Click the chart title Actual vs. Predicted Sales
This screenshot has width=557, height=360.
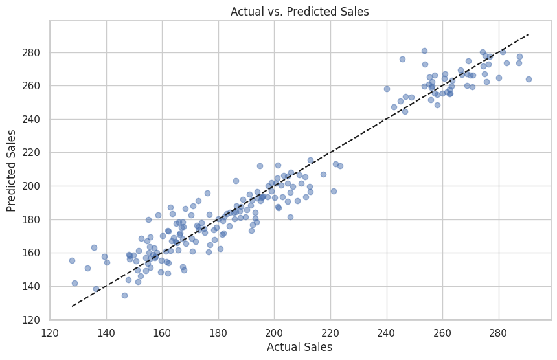(299, 11)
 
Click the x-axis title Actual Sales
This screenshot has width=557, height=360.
(300, 348)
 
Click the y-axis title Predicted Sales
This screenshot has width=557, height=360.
(12, 171)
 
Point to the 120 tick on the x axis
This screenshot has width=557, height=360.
(50, 333)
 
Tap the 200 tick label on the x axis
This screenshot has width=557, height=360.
(274, 333)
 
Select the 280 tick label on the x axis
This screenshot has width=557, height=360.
(498, 333)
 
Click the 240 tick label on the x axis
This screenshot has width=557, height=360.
(386, 333)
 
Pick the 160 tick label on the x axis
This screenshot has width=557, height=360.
(162, 333)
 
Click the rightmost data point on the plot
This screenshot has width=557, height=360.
(529, 79)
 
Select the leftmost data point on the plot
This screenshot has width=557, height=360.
(72, 260)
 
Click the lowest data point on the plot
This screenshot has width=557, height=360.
(124, 295)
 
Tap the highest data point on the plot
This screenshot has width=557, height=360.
(424, 51)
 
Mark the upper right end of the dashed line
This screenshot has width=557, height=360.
(529, 34)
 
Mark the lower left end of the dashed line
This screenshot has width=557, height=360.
(72, 306)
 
